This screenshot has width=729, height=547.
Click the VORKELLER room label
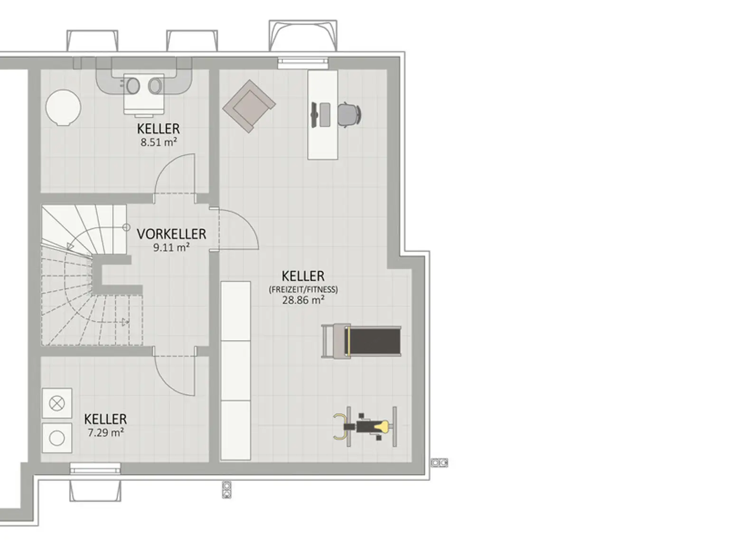pos(171,234)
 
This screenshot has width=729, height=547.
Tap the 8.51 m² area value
pos(159,142)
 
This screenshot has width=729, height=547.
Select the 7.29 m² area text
pos(106,433)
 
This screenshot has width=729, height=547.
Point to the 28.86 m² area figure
pos(303,300)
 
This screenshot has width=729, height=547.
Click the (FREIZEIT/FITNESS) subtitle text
pos(303,290)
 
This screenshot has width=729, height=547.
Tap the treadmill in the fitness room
pos(361,341)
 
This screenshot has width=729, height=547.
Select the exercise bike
pos(365,426)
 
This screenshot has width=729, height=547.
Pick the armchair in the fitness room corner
pos(249,106)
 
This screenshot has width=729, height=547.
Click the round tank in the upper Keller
pos(63,108)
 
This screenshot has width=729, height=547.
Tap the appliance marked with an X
pos(57,403)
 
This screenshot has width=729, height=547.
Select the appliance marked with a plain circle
pos(57,438)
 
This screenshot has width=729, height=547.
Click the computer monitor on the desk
pos(314,115)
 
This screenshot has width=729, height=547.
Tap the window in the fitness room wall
pos(303,63)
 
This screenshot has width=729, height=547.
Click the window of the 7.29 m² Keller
pos(95,468)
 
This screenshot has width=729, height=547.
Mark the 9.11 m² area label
pos(171,248)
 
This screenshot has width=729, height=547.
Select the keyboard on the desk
pos(325,115)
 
